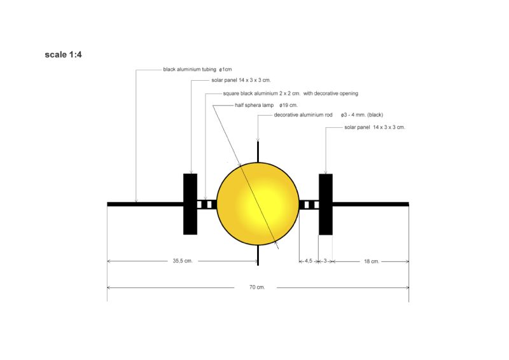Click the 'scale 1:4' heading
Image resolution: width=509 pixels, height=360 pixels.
(x=63, y=55)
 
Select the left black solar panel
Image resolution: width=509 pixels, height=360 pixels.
(x=190, y=204)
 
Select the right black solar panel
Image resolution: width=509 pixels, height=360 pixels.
(x=326, y=204)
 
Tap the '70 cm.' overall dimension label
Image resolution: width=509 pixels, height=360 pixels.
(x=256, y=287)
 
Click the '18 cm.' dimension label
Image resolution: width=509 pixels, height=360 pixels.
(x=371, y=261)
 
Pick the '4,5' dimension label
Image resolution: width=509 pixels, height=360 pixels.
(x=308, y=261)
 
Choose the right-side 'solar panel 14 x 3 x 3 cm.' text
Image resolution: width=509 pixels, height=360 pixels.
(x=374, y=127)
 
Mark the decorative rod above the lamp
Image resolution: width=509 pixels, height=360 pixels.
(x=258, y=151)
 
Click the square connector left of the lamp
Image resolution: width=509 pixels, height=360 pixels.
(x=207, y=204)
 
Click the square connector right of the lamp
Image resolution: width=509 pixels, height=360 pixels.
(x=309, y=204)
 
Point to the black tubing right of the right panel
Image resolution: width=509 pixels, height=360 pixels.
(x=370, y=204)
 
